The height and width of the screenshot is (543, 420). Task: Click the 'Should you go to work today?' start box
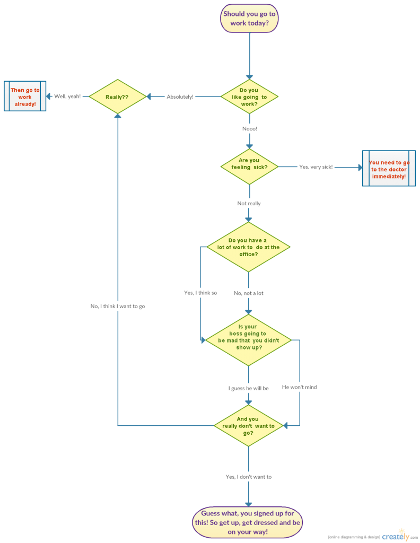(249, 19)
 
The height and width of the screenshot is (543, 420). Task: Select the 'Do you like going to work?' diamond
(249, 97)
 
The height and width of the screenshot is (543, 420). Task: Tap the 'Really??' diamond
(117, 97)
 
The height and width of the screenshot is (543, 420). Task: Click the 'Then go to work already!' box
(25, 97)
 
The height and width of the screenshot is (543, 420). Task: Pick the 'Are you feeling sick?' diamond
(249, 167)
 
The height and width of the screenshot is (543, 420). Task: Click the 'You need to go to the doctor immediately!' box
(389, 169)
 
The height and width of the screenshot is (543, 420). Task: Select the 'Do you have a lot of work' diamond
(248, 247)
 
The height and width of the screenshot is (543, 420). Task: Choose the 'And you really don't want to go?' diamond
(248, 426)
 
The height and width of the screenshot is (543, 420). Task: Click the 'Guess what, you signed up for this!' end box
(247, 522)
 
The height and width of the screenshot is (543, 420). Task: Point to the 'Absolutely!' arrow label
(180, 97)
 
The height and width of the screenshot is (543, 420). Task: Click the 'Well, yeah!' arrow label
(67, 97)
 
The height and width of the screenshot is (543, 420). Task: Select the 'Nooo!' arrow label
(249, 129)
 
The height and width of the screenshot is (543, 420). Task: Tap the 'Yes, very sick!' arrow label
(316, 167)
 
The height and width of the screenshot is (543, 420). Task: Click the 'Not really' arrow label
(249, 204)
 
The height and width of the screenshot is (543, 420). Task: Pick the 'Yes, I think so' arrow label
(200, 293)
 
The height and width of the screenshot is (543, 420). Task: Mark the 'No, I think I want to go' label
(118, 306)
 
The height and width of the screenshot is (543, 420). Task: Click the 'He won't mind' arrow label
(299, 388)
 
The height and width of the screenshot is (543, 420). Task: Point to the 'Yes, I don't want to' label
(248, 477)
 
